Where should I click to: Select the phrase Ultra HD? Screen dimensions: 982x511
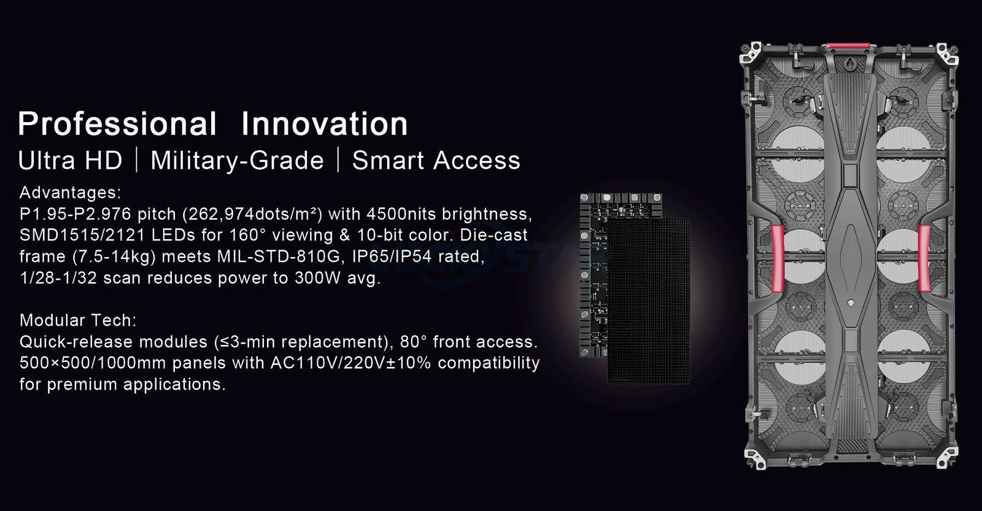[x=70, y=160]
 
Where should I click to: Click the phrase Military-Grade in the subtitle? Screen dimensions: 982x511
[x=237, y=160]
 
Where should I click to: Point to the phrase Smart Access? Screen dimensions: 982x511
[x=436, y=160]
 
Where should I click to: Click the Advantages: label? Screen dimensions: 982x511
[x=70, y=193]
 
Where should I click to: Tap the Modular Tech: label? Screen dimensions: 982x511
[x=78, y=320]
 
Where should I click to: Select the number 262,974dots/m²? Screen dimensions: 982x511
[x=252, y=214]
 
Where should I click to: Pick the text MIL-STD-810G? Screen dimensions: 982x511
[x=279, y=256]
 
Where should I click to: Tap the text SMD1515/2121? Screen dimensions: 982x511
[x=82, y=236]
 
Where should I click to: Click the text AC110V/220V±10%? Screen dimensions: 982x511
[x=350, y=363]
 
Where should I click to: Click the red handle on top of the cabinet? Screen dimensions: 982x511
[x=848, y=46]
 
